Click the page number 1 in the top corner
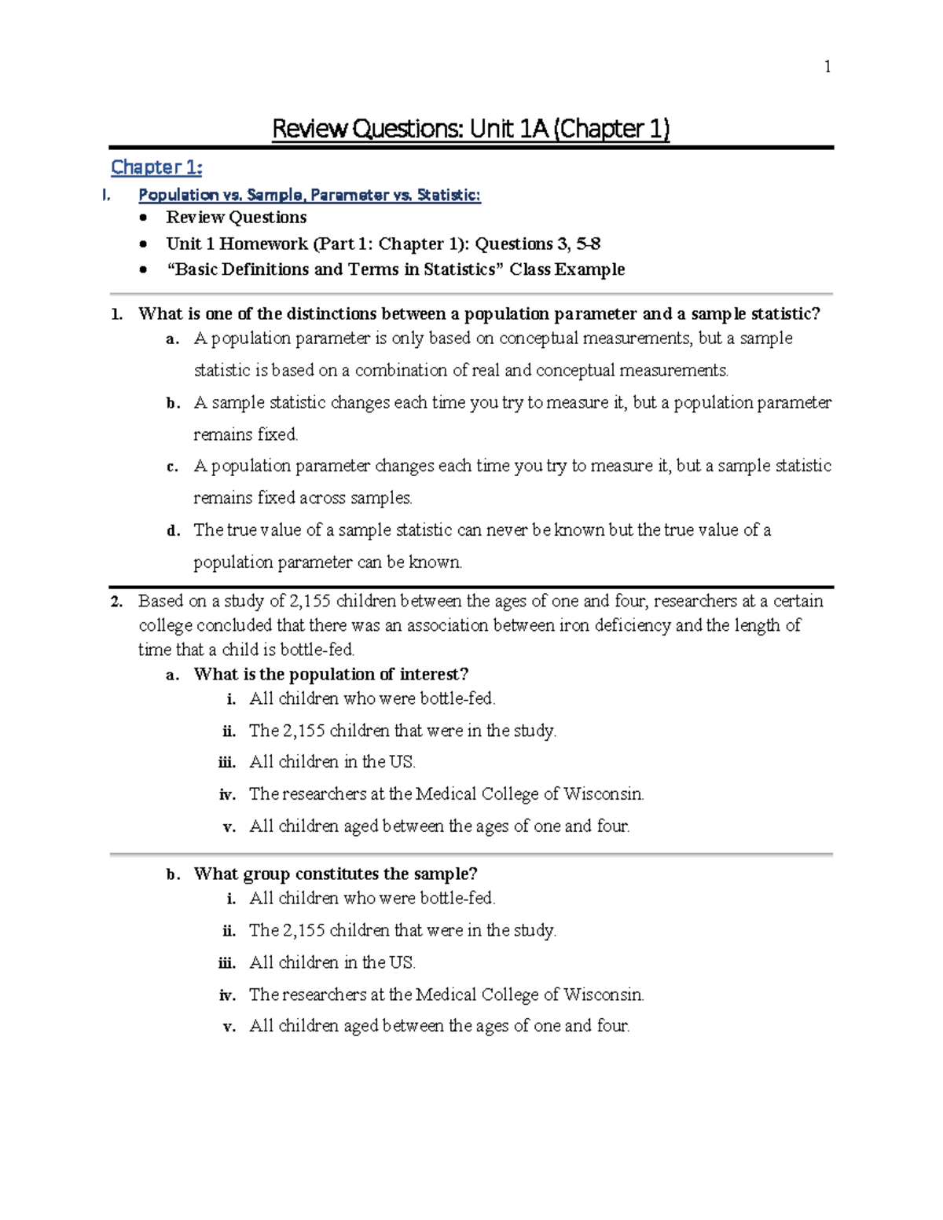(x=827, y=67)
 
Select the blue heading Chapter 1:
(x=156, y=167)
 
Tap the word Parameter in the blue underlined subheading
(x=354, y=195)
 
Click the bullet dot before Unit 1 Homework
(x=142, y=244)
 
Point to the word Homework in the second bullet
(x=263, y=244)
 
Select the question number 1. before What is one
(x=117, y=314)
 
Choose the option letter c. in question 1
(x=173, y=467)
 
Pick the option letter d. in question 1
(x=173, y=531)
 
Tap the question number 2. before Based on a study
(x=117, y=602)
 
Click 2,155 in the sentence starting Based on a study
(x=310, y=601)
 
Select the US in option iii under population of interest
(x=402, y=762)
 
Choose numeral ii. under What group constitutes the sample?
(x=229, y=931)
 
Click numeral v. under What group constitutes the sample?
(x=229, y=1027)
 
